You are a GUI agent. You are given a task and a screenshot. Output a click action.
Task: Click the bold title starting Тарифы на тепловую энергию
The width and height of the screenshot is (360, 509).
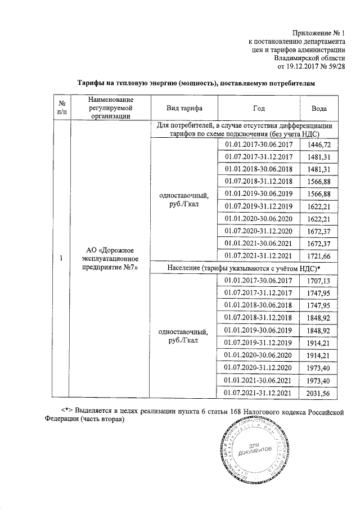pyautogui.click(x=193, y=83)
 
